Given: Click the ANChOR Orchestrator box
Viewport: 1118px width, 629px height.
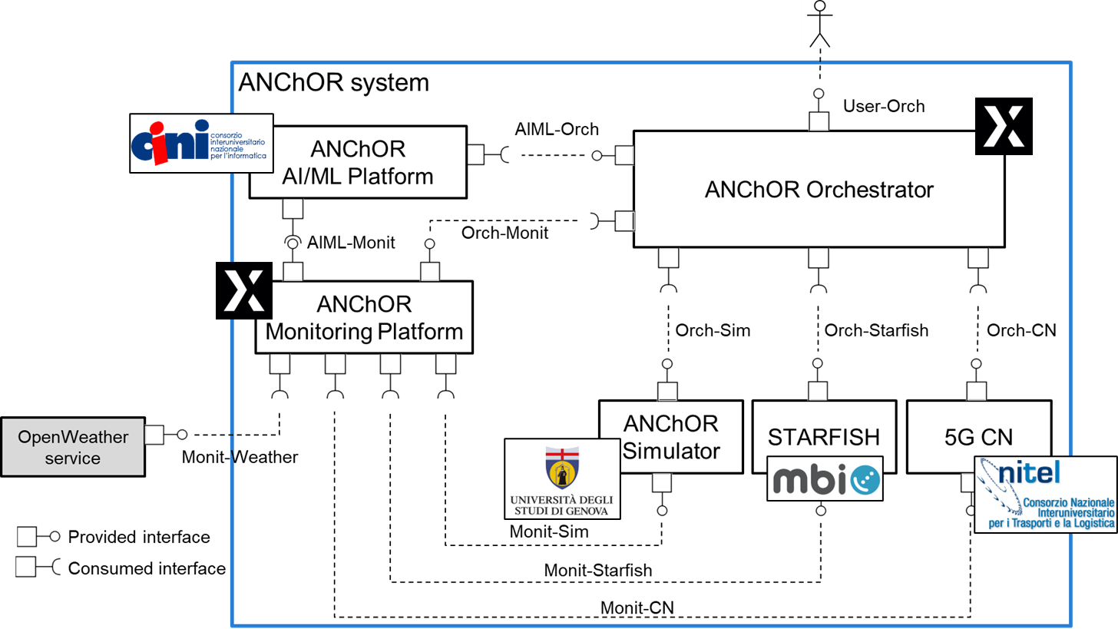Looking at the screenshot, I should pos(819,189).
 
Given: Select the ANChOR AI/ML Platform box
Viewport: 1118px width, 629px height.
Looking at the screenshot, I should pos(358,162).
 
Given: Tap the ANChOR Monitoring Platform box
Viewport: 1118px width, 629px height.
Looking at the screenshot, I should pos(364,318).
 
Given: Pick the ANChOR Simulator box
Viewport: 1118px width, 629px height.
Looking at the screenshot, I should pos(670,436).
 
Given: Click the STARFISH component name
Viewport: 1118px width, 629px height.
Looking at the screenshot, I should pos(824,437).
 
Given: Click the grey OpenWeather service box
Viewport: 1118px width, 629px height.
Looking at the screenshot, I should pos(73,447).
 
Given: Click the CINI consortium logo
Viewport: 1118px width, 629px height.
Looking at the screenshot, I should pos(202,143).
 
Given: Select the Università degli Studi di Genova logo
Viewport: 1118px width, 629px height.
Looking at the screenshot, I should pos(563,479).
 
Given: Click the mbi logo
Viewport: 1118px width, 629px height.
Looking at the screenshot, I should pos(824,478).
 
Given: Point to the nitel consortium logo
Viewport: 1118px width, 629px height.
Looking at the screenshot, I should pos(1045,495).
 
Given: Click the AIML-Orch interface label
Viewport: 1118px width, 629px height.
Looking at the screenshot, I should pos(556,129).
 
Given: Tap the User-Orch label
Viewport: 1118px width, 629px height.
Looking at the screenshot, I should pos(883,106).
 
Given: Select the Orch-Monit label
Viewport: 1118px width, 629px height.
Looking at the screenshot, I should pos(504,232).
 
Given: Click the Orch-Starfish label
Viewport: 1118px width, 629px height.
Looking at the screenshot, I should pos(876,330).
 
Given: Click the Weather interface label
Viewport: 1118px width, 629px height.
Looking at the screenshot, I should pos(265,457).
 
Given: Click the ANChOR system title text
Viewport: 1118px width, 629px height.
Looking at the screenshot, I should pos(334,81).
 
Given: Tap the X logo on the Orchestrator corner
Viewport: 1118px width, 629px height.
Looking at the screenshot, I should pos(1003,126).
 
